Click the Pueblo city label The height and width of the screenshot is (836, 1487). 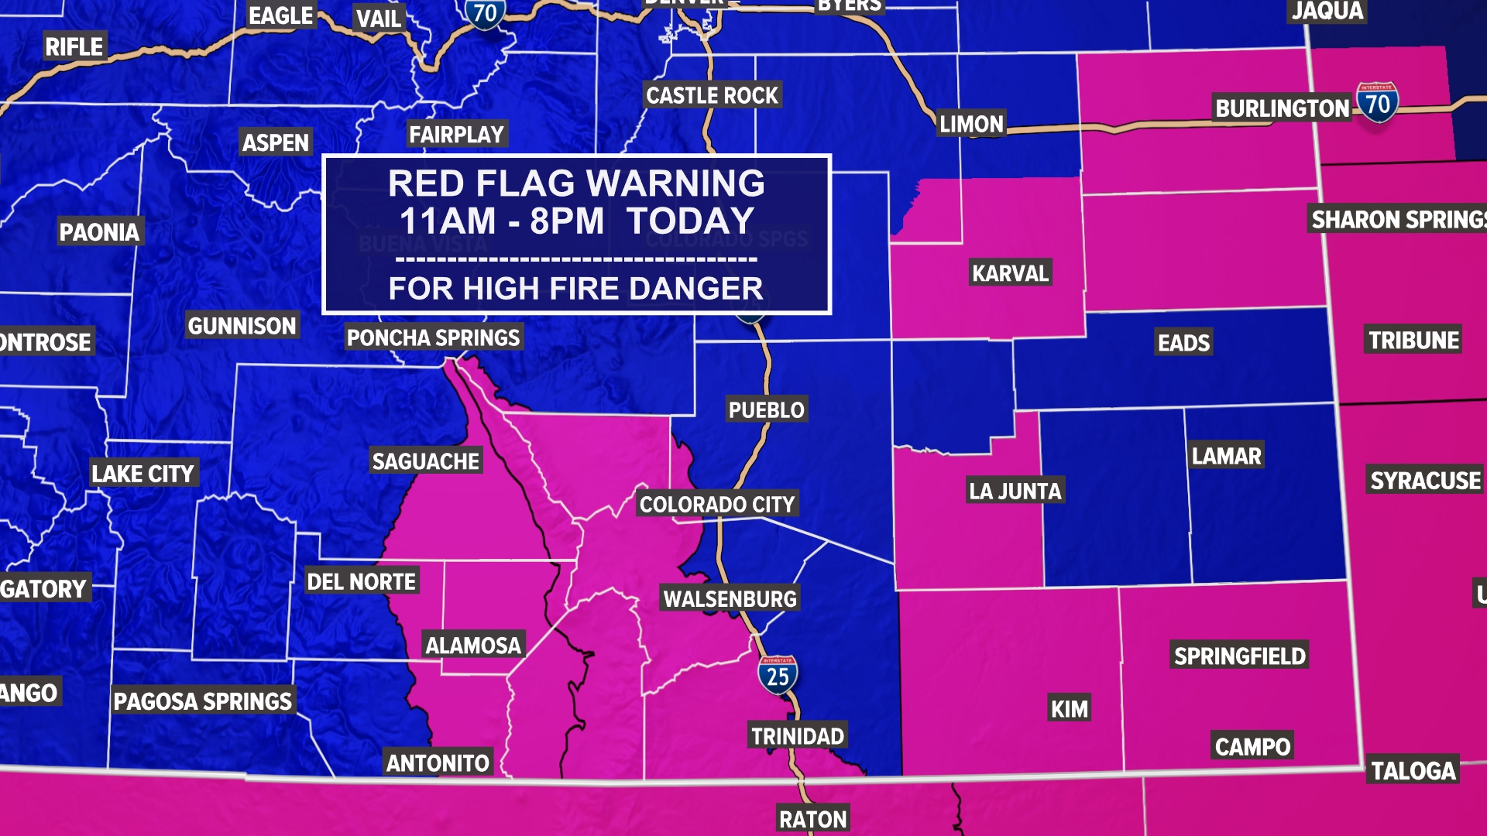pyautogui.click(x=766, y=409)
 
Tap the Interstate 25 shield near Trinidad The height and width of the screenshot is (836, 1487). pyautogui.click(x=778, y=676)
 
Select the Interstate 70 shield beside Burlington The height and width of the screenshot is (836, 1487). pyautogui.click(x=1377, y=103)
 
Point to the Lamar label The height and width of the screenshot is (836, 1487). pyautogui.click(x=1226, y=456)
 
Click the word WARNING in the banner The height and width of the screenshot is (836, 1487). pyautogui.click(x=675, y=183)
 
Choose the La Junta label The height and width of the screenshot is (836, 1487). pyautogui.click(x=1015, y=491)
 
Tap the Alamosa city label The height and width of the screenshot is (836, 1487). pyautogui.click(x=473, y=645)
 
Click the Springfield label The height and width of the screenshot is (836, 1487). pyautogui.click(x=1239, y=656)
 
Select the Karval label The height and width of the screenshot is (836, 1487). pyautogui.click(x=1010, y=273)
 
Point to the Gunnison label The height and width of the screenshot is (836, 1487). pyautogui.click(x=242, y=326)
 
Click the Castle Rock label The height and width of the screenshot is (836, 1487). pyautogui.click(x=712, y=96)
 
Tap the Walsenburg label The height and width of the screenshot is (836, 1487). pyautogui.click(x=730, y=598)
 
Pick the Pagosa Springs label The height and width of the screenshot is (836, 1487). pyautogui.click(x=202, y=701)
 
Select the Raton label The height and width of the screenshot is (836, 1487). pyautogui.click(x=812, y=819)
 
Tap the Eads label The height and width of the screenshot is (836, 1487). pyautogui.click(x=1183, y=342)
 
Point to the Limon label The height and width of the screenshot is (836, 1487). pyautogui.click(x=971, y=124)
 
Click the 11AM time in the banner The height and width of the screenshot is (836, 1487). pyautogui.click(x=447, y=221)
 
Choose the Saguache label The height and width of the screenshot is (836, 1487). pyautogui.click(x=425, y=461)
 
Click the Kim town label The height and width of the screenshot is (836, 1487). pyautogui.click(x=1069, y=708)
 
